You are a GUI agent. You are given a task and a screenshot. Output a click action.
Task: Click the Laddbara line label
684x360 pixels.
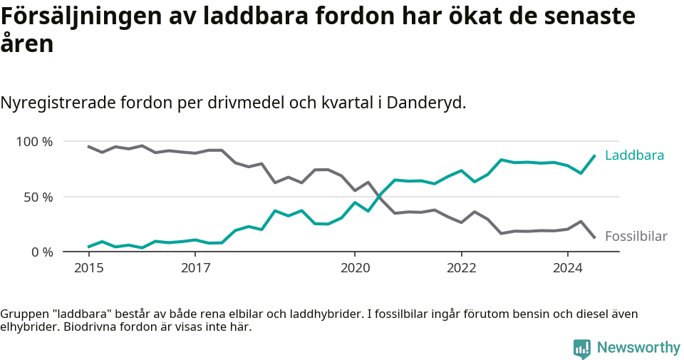pyautogui.click(x=634, y=155)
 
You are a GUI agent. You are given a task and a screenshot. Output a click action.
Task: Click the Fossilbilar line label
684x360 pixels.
pyautogui.click(x=636, y=237)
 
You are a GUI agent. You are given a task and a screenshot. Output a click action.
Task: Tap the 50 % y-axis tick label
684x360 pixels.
pyautogui.click(x=38, y=197)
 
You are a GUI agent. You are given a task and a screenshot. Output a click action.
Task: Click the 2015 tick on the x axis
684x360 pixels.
pyautogui.click(x=88, y=269)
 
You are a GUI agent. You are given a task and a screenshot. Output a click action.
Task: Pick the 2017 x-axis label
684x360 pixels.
pyautogui.click(x=195, y=269)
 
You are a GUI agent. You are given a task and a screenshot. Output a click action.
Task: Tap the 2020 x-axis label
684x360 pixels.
pyautogui.click(x=355, y=269)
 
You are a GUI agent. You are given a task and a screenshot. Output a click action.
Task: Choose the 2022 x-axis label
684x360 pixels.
pyautogui.click(x=461, y=269)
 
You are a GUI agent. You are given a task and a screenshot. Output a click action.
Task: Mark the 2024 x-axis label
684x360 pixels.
pyautogui.click(x=568, y=269)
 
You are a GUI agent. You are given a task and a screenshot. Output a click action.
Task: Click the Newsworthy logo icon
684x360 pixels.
pyautogui.click(x=582, y=348)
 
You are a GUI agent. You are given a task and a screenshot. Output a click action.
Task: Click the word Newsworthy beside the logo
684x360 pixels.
pyautogui.click(x=638, y=348)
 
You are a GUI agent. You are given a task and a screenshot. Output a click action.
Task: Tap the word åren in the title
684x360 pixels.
pyautogui.click(x=27, y=44)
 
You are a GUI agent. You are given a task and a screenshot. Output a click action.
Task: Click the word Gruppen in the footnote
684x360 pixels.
pyautogui.click(x=22, y=314)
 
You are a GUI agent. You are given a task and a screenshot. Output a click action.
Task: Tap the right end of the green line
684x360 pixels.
pyautogui.click(x=594, y=156)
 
